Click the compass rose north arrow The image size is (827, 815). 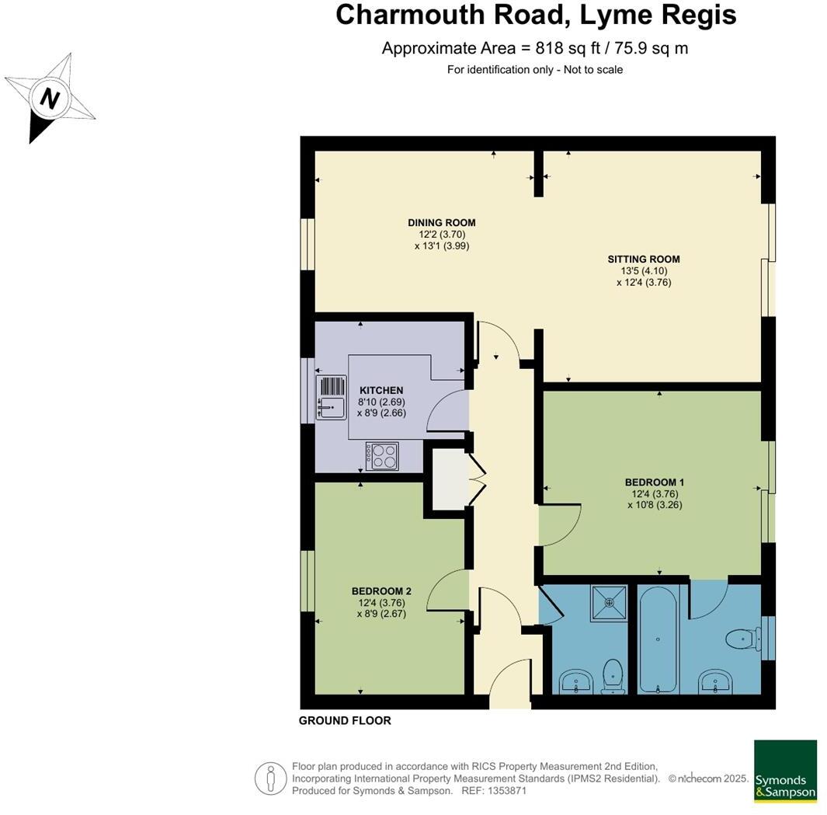pos(50,99)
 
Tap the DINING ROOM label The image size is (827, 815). pos(441,223)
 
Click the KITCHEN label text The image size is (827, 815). pos(380,390)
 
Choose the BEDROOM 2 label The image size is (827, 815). pos(380,591)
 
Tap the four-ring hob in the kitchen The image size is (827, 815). pos(382,456)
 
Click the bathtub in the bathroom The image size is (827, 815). pos(658,639)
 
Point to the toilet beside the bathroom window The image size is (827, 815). pos(741,639)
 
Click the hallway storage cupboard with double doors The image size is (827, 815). pos(448,480)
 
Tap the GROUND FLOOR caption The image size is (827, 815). pos(345,721)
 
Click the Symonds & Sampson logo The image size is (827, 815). pos(785,771)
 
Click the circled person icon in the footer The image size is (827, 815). pos(269,778)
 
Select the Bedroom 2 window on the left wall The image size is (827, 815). pos(308,581)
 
